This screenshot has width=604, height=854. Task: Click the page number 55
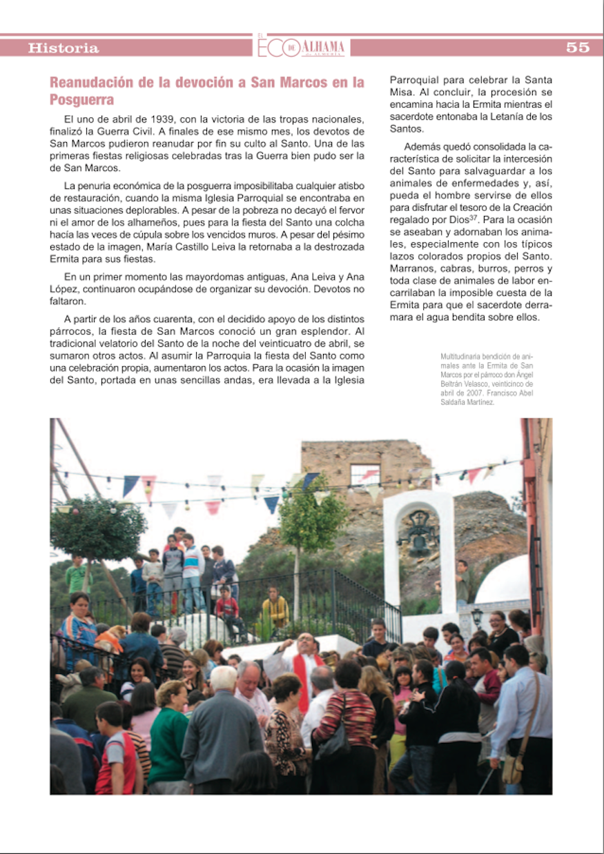577,48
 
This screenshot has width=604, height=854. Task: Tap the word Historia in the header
64,48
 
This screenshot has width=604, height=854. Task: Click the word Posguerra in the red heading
81,100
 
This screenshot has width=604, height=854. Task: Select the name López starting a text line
65,290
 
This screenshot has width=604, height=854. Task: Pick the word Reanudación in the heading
92,83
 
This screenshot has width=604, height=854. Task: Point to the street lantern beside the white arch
476,616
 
